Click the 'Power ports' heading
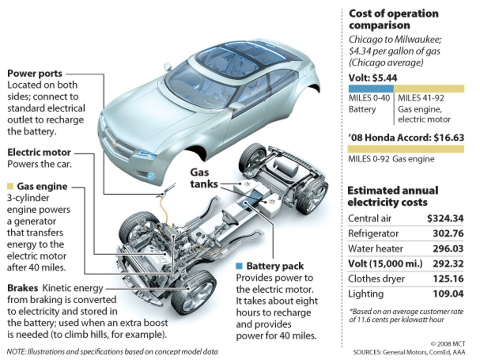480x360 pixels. [x=35, y=73]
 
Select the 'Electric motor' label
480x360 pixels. [x=39, y=152]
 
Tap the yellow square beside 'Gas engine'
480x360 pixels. [x=10, y=186]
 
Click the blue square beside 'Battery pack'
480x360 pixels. [x=239, y=265]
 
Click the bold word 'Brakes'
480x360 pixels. [x=22, y=288]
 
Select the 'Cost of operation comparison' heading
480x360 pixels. [x=394, y=19]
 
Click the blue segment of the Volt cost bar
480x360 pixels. [x=371, y=89]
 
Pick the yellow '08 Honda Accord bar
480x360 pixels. [x=406, y=149]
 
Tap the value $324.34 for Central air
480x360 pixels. [x=445, y=218]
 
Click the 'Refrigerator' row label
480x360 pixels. [x=373, y=234]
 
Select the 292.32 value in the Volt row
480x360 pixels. [x=448, y=264]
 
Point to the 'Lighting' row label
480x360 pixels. [x=365, y=294]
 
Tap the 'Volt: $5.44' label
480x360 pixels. [x=373, y=78]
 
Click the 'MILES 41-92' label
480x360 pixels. [x=421, y=98]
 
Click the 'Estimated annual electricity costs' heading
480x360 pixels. [x=393, y=196]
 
